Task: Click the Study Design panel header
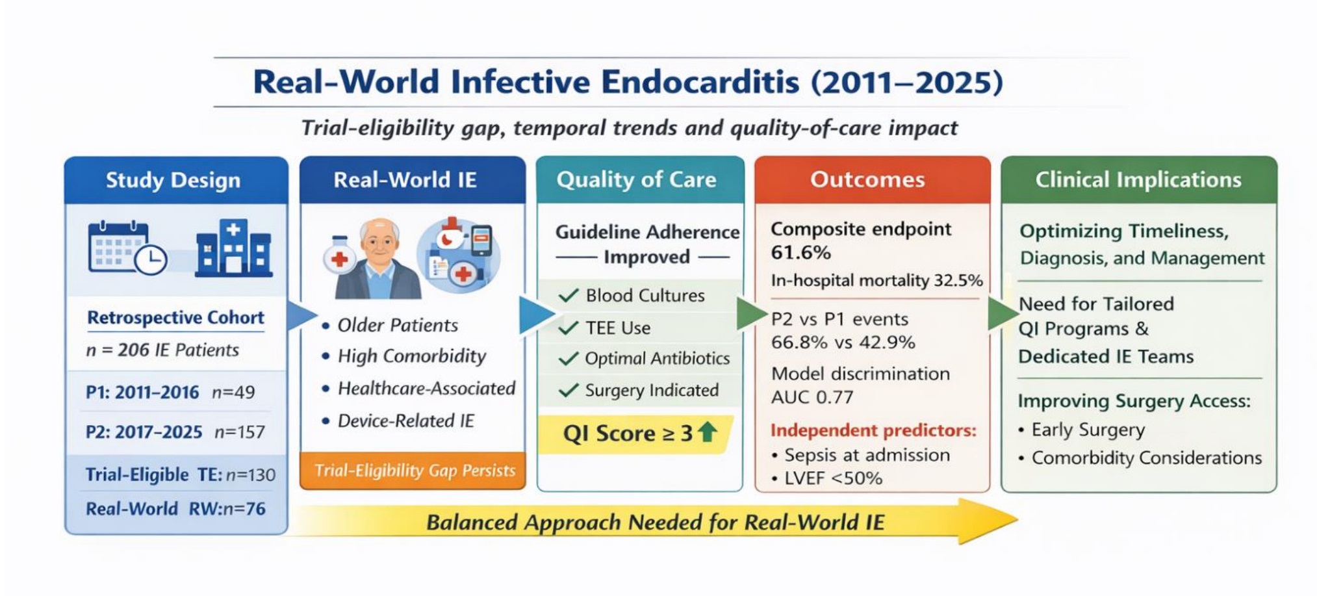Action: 176,180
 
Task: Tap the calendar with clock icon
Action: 127,248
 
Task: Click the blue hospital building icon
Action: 233,248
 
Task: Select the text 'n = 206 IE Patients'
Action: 162,350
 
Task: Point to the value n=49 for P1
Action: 233,393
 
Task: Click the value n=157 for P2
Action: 240,432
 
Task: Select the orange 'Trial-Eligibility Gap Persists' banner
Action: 413,471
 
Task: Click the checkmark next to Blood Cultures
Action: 569,296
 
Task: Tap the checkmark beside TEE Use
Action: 569,328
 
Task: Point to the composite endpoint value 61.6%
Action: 800,253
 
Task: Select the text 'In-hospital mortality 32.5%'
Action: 876,281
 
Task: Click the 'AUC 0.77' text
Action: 812,397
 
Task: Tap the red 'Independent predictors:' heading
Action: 873,430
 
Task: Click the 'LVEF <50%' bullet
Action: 827,478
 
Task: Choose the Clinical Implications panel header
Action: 1138,180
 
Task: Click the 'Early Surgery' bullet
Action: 1082,430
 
